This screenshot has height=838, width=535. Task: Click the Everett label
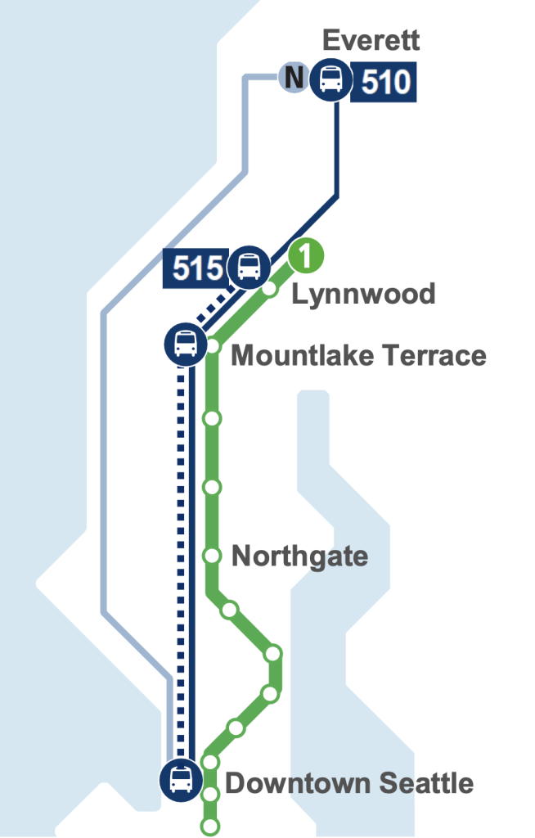371,40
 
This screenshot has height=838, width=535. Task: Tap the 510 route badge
384,83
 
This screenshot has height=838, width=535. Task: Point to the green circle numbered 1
304,257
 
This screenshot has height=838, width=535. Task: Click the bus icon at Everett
330,80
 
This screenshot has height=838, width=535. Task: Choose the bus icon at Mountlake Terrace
186,344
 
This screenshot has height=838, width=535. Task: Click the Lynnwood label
363,294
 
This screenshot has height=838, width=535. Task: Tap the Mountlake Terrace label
358,356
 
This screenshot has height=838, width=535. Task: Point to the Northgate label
299,556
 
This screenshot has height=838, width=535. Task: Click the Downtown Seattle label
349,783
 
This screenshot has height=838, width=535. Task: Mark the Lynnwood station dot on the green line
269,289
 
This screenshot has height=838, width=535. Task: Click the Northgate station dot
213,556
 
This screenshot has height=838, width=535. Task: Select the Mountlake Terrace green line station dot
214,346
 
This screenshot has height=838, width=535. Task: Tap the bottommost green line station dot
211,826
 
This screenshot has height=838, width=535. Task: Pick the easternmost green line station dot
273,653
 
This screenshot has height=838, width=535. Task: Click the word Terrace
434,356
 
